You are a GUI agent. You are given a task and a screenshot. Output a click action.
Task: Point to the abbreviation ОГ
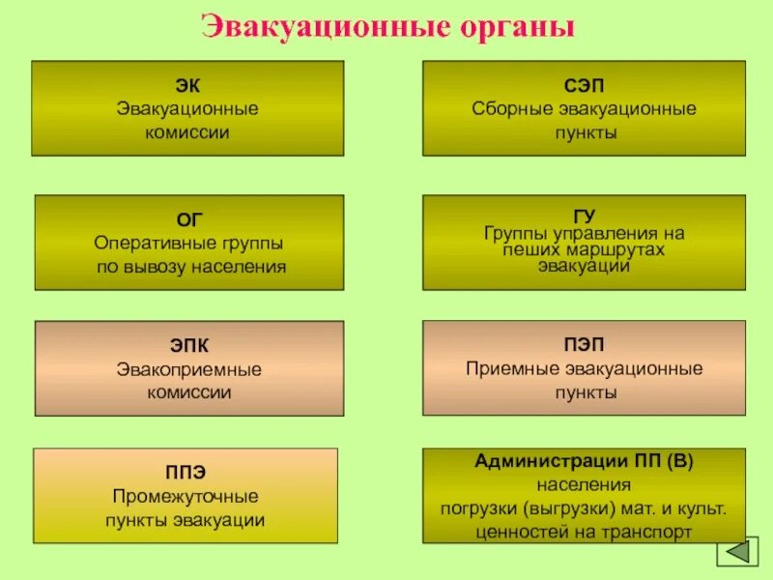point(190,220)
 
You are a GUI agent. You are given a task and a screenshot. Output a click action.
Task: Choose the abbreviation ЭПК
point(189,346)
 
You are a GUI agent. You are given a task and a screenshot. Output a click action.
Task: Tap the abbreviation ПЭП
point(584,345)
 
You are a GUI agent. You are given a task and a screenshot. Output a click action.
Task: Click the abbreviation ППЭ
point(185,473)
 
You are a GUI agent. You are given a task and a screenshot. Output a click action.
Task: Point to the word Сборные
point(508,108)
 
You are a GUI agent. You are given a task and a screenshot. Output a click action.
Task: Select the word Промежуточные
point(185,497)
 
